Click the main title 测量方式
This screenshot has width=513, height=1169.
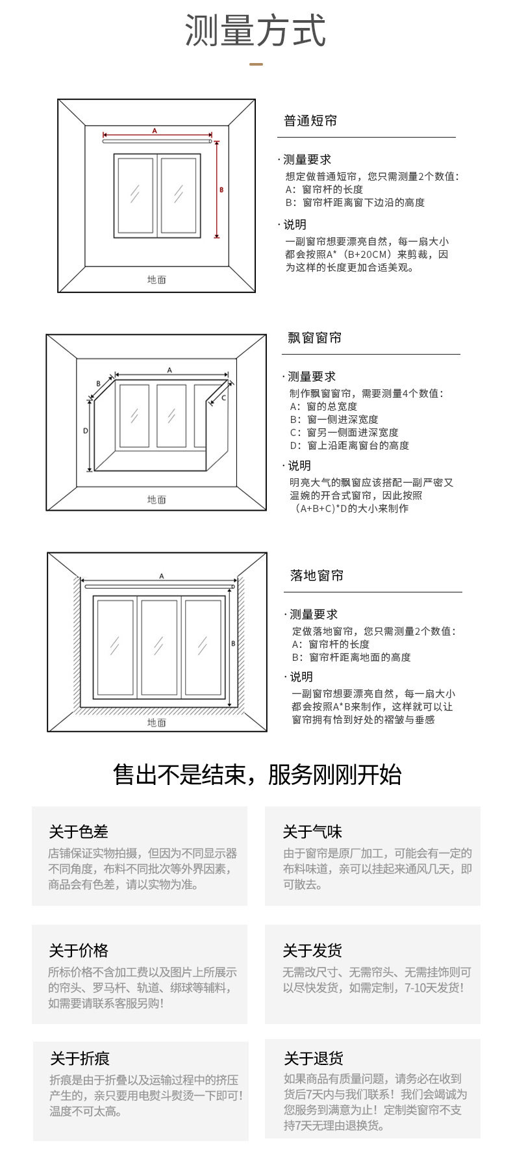(255, 31)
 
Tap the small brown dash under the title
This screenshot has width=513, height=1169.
(256, 64)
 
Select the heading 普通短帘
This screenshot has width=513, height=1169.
(310, 121)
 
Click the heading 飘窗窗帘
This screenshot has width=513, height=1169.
(315, 338)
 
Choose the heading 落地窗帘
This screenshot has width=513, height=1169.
(317, 576)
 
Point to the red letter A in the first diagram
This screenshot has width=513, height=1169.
(155, 131)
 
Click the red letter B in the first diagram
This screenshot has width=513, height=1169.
(221, 190)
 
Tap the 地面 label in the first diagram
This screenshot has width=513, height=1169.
(156, 280)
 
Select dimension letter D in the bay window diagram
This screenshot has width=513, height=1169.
(85, 431)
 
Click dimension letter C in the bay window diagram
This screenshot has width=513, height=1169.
(224, 398)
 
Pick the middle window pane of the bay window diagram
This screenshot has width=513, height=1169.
(171, 416)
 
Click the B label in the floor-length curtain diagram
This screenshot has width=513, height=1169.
(234, 643)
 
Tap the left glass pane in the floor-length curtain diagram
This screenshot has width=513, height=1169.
(115, 646)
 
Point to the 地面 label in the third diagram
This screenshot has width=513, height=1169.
(156, 723)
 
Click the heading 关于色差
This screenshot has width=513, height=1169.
(79, 832)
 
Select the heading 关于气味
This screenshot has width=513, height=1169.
(312, 832)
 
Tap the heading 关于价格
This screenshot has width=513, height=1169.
(79, 951)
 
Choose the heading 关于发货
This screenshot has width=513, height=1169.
(312, 951)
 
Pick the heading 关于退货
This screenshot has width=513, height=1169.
(314, 1059)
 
